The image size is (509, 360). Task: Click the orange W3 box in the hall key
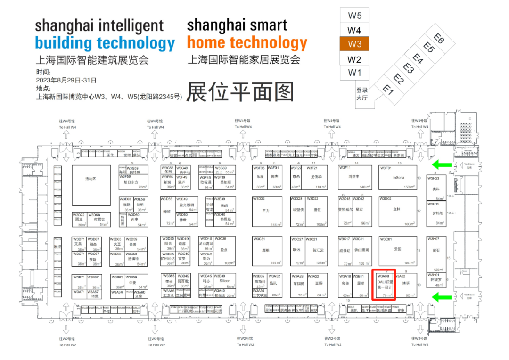tap(355, 44)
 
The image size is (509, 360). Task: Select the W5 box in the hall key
tap(355, 15)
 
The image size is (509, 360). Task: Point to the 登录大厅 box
tap(362, 93)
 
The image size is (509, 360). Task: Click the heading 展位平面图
tap(240, 91)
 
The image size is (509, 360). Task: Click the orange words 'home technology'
tap(247, 43)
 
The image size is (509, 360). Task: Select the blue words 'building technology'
tap(105, 43)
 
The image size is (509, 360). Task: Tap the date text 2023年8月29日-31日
tap(66, 80)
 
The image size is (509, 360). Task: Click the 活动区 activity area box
tap(90, 179)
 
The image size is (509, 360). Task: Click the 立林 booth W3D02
tap(397, 211)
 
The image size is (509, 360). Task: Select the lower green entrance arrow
tap(443, 296)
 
